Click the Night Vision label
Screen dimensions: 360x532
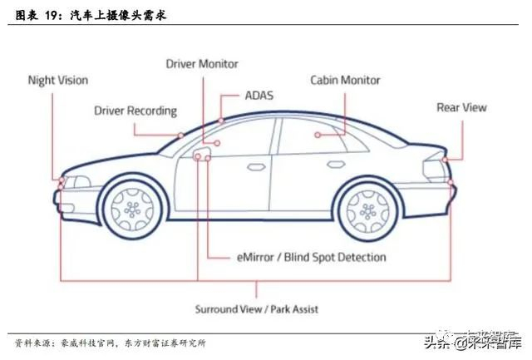point(57,81)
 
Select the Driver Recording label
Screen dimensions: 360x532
point(135,110)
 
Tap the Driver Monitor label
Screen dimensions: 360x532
point(202,63)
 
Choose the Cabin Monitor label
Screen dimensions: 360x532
point(345,81)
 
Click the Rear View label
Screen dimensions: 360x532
point(461,107)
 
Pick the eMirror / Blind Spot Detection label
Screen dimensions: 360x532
point(311,257)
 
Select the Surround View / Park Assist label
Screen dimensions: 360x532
point(256,309)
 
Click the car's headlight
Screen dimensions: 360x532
point(76,181)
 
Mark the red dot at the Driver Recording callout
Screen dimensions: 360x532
point(180,135)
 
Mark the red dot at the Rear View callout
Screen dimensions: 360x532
point(446,159)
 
